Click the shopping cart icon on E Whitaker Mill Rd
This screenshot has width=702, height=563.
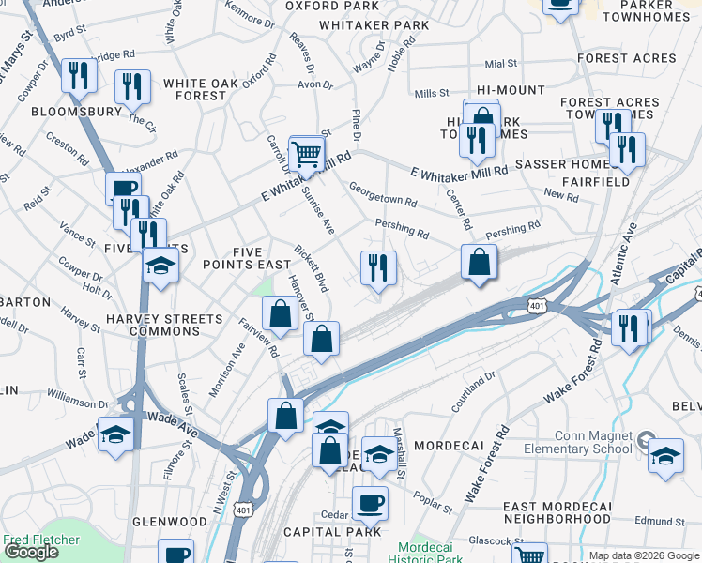[306, 152]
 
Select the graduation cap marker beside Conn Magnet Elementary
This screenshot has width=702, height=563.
[665, 456]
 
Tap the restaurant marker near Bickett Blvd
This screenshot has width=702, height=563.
[378, 268]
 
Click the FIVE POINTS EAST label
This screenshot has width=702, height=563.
[247, 257]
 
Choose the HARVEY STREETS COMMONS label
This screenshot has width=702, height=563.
[165, 326]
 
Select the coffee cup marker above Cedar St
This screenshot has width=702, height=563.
[370, 503]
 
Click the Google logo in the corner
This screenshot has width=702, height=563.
[31, 552]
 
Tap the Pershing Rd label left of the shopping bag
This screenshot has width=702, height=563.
[402, 226]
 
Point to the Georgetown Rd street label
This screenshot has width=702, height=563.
[383, 200]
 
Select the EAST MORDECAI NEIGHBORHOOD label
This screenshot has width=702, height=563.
[557, 512]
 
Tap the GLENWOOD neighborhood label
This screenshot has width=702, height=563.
[170, 522]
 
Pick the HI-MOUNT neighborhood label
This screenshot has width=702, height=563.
[511, 90]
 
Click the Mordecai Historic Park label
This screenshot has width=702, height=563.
[430, 553]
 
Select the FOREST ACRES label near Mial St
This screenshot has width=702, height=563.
[626, 58]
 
